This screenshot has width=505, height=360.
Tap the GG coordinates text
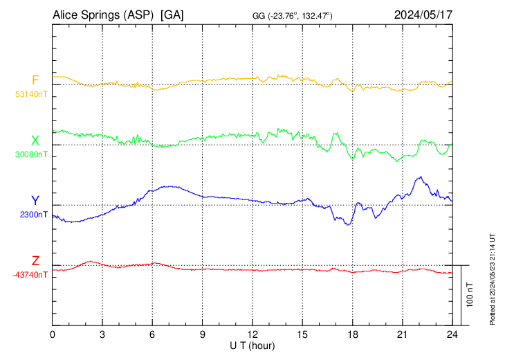(293, 15)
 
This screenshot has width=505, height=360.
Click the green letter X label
(35, 141)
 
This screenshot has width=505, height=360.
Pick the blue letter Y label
(35, 201)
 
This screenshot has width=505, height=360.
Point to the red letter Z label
(35, 261)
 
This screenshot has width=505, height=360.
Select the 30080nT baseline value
(31, 154)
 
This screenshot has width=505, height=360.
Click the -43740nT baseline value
(30, 275)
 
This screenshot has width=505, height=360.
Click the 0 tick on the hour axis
(53, 334)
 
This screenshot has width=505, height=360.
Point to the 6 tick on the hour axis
(153, 334)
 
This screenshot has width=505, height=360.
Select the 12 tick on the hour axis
(252, 334)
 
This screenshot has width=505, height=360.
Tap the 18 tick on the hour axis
(352, 334)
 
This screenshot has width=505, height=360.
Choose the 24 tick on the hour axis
(452, 334)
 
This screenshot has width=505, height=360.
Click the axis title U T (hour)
(253, 345)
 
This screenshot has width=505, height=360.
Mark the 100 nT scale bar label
(470, 294)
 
